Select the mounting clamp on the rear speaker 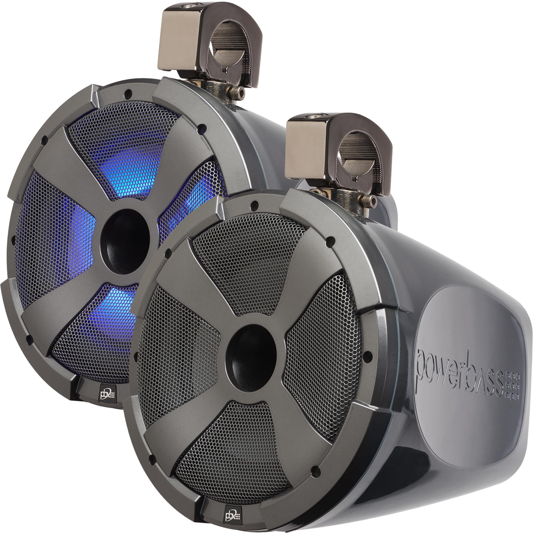coord(210,41)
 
